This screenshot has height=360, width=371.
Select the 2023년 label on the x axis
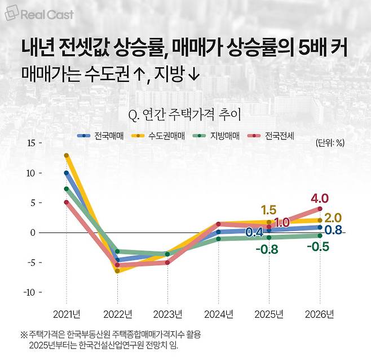[x=167, y=314]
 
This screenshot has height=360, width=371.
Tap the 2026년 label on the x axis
[x=320, y=314]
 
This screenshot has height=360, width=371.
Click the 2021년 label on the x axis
[x=67, y=314]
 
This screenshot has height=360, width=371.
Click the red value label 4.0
[x=319, y=199]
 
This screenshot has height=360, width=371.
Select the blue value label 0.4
[x=255, y=232]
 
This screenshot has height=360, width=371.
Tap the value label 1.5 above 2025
[x=268, y=210]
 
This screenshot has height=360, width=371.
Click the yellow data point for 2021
[x=67, y=155]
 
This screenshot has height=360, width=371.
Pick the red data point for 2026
[x=320, y=209]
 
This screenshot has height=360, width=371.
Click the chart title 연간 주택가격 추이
[x=185, y=116]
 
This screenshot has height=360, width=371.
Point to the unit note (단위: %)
[x=330, y=143]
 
